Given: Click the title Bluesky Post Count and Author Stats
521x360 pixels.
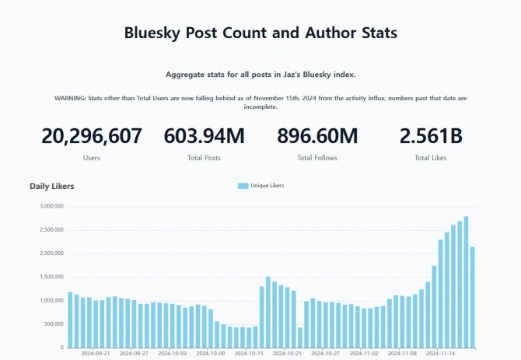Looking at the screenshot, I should (260, 33).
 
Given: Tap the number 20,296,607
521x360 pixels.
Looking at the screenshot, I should (92, 136).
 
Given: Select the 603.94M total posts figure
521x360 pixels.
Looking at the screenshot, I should (204, 136).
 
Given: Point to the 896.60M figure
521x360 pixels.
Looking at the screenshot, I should (317, 136).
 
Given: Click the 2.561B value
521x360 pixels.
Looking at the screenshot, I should (431, 136).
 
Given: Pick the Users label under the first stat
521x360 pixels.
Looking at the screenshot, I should (92, 158).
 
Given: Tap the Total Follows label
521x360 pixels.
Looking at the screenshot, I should (317, 158).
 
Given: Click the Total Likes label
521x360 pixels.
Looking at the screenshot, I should (431, 158).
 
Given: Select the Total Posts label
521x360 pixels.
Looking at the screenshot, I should (204, 158).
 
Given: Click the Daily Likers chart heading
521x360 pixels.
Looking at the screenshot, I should (52, 186).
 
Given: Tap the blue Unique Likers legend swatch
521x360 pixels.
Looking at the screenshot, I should (243, 186).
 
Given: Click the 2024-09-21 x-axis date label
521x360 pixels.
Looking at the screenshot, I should (96, 353).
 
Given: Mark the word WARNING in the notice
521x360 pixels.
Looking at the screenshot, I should (71, 98).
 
